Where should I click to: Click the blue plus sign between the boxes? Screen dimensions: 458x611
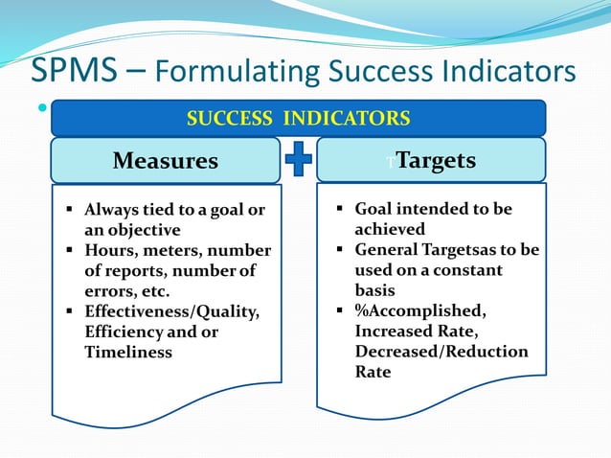coord(299,160)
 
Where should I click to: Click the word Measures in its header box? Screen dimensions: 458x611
coord(166,161)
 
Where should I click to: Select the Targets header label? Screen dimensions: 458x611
coord(436,160)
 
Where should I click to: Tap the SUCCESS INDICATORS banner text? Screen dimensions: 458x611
coord(298,119)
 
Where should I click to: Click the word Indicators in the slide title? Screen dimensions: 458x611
coord(506,71)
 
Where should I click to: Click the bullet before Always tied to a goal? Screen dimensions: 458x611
coord(72,210)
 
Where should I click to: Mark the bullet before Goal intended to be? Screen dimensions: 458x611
coord(342,209)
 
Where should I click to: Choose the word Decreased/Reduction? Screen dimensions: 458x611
coord(441,352)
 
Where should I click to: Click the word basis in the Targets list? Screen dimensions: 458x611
coord(375,290)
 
